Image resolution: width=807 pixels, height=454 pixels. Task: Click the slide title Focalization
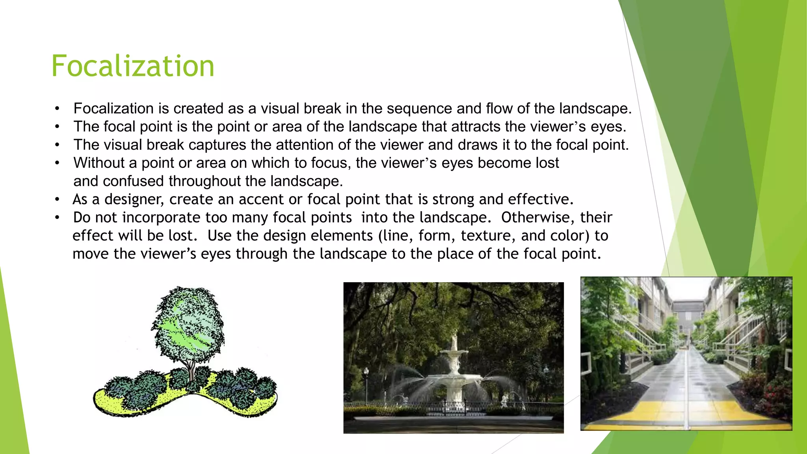point(133,66)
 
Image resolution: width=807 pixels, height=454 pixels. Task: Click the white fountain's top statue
point(454,340)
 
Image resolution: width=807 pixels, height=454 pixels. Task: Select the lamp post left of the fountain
point(366,384)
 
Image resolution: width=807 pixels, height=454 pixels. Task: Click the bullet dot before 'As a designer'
point(58,200)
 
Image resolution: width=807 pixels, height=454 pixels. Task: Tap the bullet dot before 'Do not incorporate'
point(58,218)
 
